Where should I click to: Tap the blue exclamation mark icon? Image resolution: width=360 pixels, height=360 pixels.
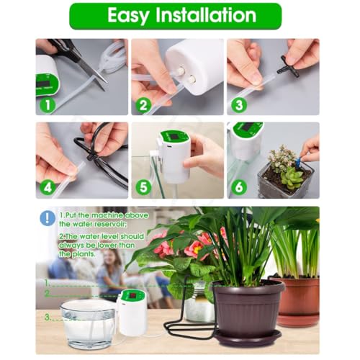click(48, 218)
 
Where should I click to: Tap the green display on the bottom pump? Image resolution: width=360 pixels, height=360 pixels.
click(132, 296)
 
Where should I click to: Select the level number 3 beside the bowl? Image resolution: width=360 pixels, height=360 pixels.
click(48, 317)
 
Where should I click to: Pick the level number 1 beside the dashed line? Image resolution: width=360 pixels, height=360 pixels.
click(48, 282)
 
